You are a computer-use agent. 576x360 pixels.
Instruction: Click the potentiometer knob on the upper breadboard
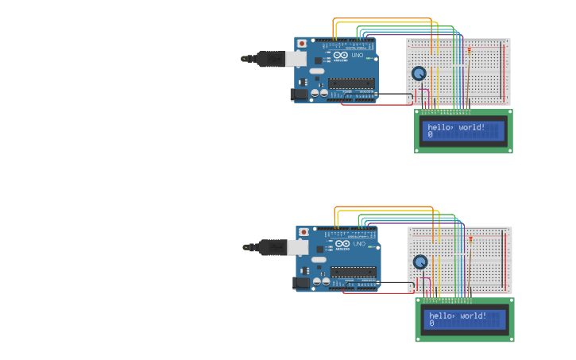click(419, 73)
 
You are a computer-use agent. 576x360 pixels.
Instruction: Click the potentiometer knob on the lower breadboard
click(420, 261)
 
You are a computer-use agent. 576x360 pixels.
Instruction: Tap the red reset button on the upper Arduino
click(302, 43)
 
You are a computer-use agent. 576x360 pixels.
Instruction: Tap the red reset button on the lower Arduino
click(303, 231)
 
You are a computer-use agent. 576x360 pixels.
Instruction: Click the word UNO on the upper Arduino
click(358, 56)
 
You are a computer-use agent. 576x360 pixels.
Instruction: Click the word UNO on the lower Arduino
click(359, 244)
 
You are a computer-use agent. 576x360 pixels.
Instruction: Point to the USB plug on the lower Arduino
click(297, 247)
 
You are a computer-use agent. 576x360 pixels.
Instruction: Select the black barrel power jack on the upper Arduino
click(300, 94)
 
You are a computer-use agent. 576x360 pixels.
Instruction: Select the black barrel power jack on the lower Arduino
click(301, 282)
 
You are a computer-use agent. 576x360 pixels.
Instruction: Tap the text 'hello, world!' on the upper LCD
click(456, 127)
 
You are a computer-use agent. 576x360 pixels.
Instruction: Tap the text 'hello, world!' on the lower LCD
click(458, 315)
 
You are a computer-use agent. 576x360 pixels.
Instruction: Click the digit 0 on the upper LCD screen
click(430, 135)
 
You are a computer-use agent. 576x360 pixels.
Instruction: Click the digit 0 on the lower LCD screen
click(431, 323)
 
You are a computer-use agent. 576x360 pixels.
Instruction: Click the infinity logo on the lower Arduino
click(342, 243)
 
